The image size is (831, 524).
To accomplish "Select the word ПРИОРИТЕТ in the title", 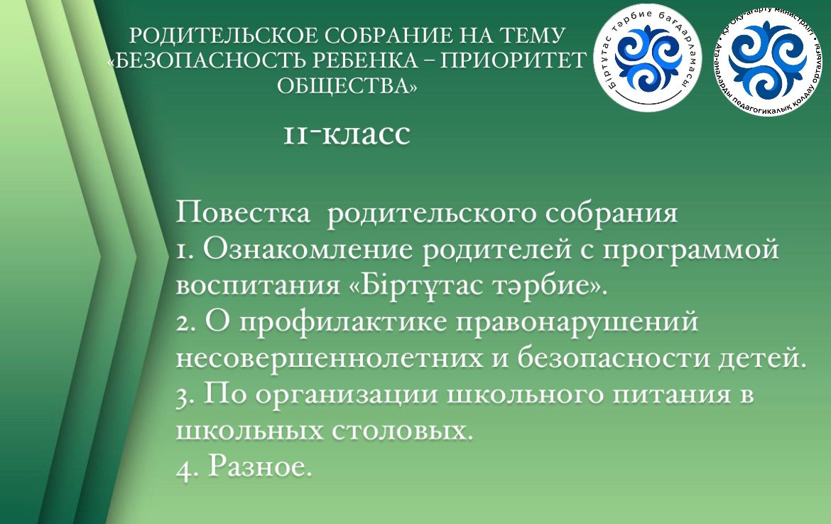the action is [x=514, y=61].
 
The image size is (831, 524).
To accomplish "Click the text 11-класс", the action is [x=347, y=134].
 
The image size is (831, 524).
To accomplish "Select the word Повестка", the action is [x=243, y=213].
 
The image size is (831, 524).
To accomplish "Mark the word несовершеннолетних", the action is [x=329, y=358].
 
